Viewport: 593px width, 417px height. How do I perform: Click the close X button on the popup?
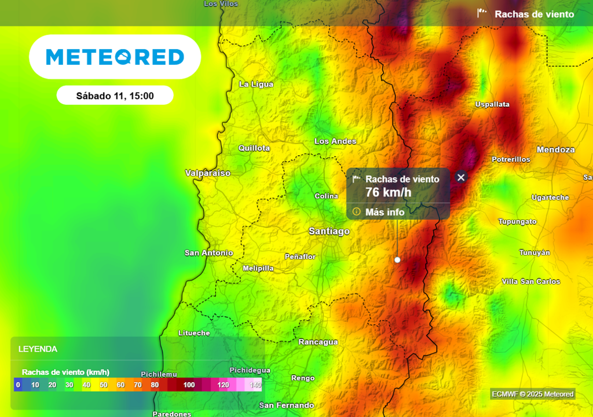[x=461, y=177]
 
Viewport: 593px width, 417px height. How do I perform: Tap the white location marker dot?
[x=397, y=260]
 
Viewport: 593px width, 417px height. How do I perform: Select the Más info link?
[x=385, y=212]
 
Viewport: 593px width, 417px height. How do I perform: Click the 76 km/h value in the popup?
[x=388, y=192]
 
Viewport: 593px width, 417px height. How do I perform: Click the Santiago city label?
[x=329, y=231]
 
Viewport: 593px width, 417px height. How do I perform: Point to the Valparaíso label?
[x=207, y=173]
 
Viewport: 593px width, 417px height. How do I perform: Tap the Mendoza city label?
[x=555, y=149]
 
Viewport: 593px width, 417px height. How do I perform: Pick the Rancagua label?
[x=318, y=342]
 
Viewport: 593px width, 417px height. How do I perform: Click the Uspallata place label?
[x=492, y=104]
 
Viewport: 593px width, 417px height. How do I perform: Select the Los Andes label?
[x=335, y=141]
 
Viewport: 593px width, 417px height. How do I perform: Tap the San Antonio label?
[x=208, y=253]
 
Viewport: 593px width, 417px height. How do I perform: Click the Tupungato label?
[x=517, y=221]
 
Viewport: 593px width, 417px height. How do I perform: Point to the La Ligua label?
[x=256, y=85]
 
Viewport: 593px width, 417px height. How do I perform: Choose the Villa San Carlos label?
[x=530, y=281]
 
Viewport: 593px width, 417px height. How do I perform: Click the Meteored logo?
[x=115, y=57]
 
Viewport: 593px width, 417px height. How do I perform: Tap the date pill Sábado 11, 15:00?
[x=115, y=96]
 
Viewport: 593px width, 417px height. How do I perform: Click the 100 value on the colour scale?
[x=189, y=385]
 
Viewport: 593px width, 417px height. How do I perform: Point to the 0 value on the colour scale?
[x=18, y=385]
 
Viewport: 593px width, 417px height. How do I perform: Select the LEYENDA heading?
[x=38, y=349]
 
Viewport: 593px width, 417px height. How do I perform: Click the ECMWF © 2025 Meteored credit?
[x=532, y=394]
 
